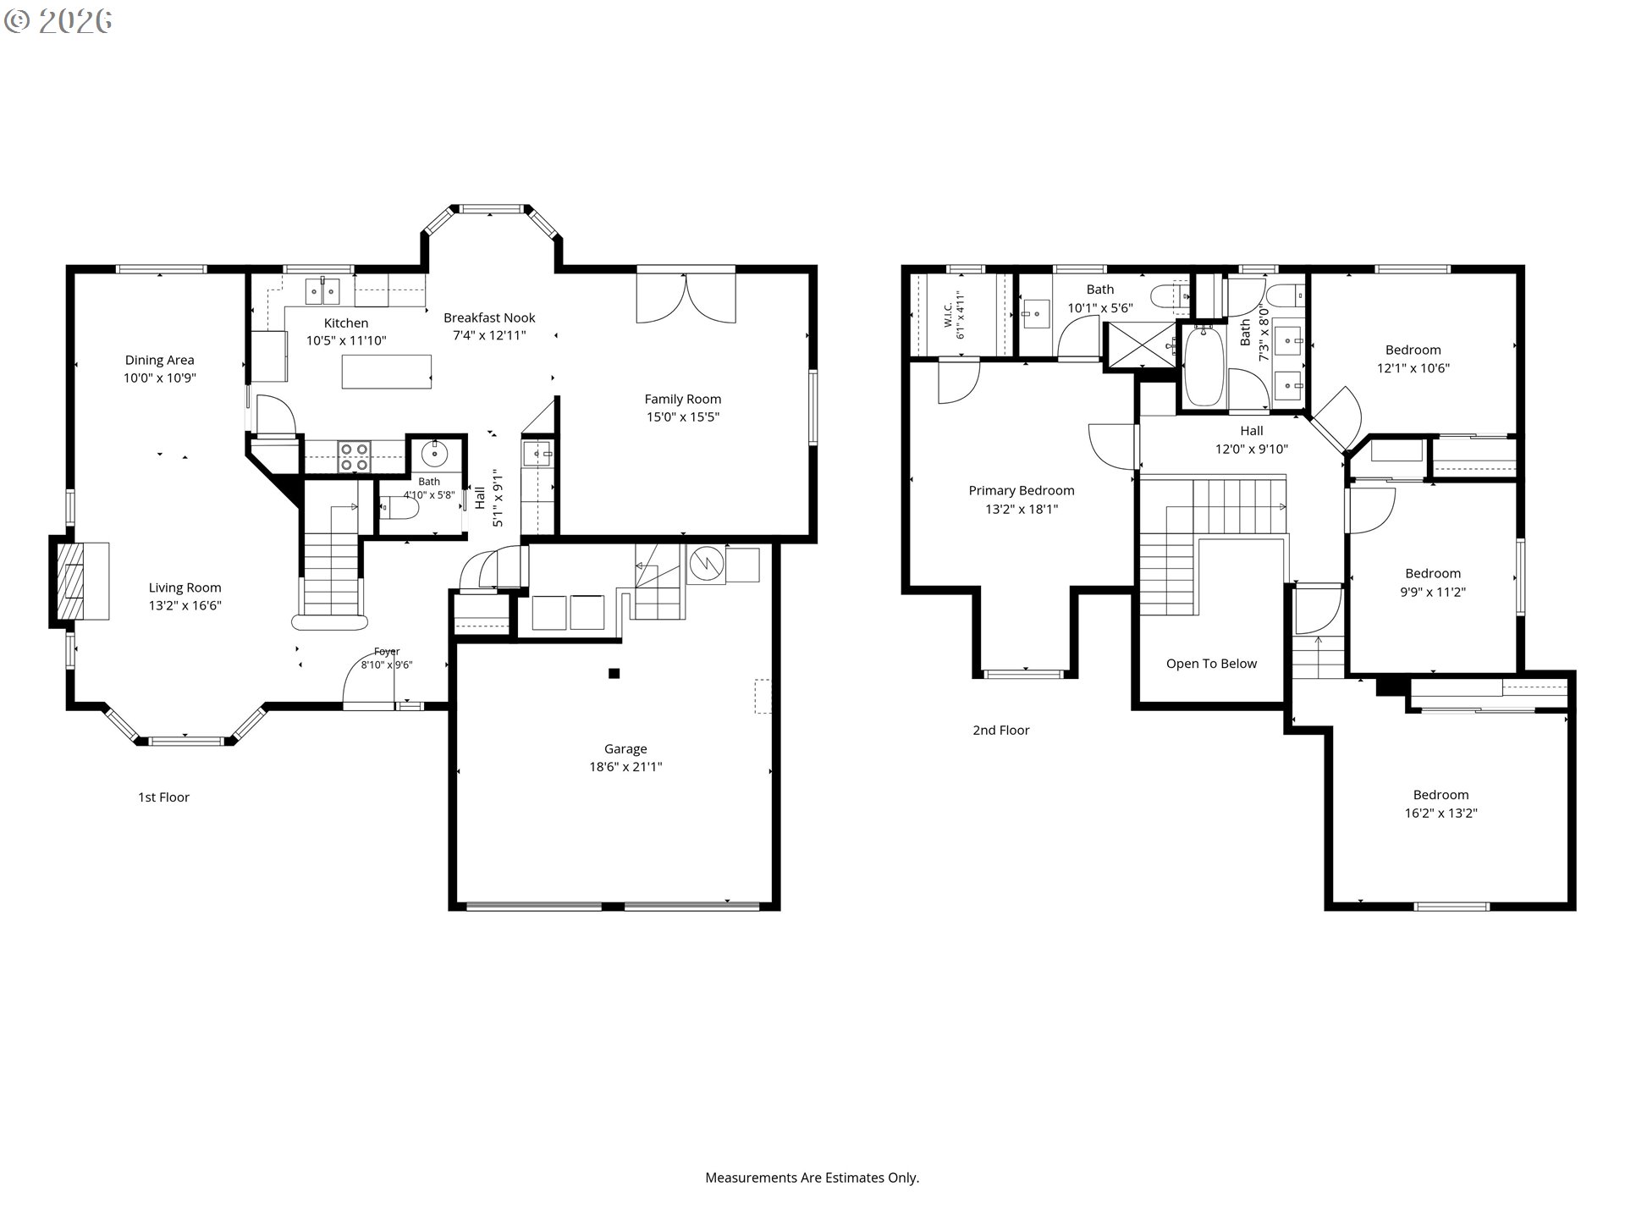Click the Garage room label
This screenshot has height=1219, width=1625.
tap(625, 749)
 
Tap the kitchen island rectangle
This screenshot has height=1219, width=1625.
tap(387, 372)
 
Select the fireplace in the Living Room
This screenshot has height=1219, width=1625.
tap(81, 581)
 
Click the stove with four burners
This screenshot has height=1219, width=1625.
tap(354, 456)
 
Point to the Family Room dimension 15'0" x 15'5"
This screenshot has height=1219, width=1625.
tap(682, 416)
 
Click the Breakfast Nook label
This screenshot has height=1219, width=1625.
tap(489, 318)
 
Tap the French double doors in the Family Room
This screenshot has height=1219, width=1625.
tap(686, 295)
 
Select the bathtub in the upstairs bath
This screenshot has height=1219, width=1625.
tap(1203, 367)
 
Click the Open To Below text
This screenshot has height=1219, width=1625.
tap(1211, 664)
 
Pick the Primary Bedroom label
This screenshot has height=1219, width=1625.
tap(1022, 491)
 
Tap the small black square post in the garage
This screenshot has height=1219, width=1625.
tap(614, 674)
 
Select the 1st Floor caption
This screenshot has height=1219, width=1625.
tap(163, 797)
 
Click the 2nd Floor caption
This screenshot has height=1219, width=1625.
tap(1001, 731)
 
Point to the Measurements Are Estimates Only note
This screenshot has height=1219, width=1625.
tap(812, 1178)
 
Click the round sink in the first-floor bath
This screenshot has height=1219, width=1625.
tap(434, 454)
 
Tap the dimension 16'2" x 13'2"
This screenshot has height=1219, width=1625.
tap(1440, 814)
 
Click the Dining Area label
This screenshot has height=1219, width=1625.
tap(160, 361)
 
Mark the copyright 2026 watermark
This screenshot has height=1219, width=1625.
tap(58, 21)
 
